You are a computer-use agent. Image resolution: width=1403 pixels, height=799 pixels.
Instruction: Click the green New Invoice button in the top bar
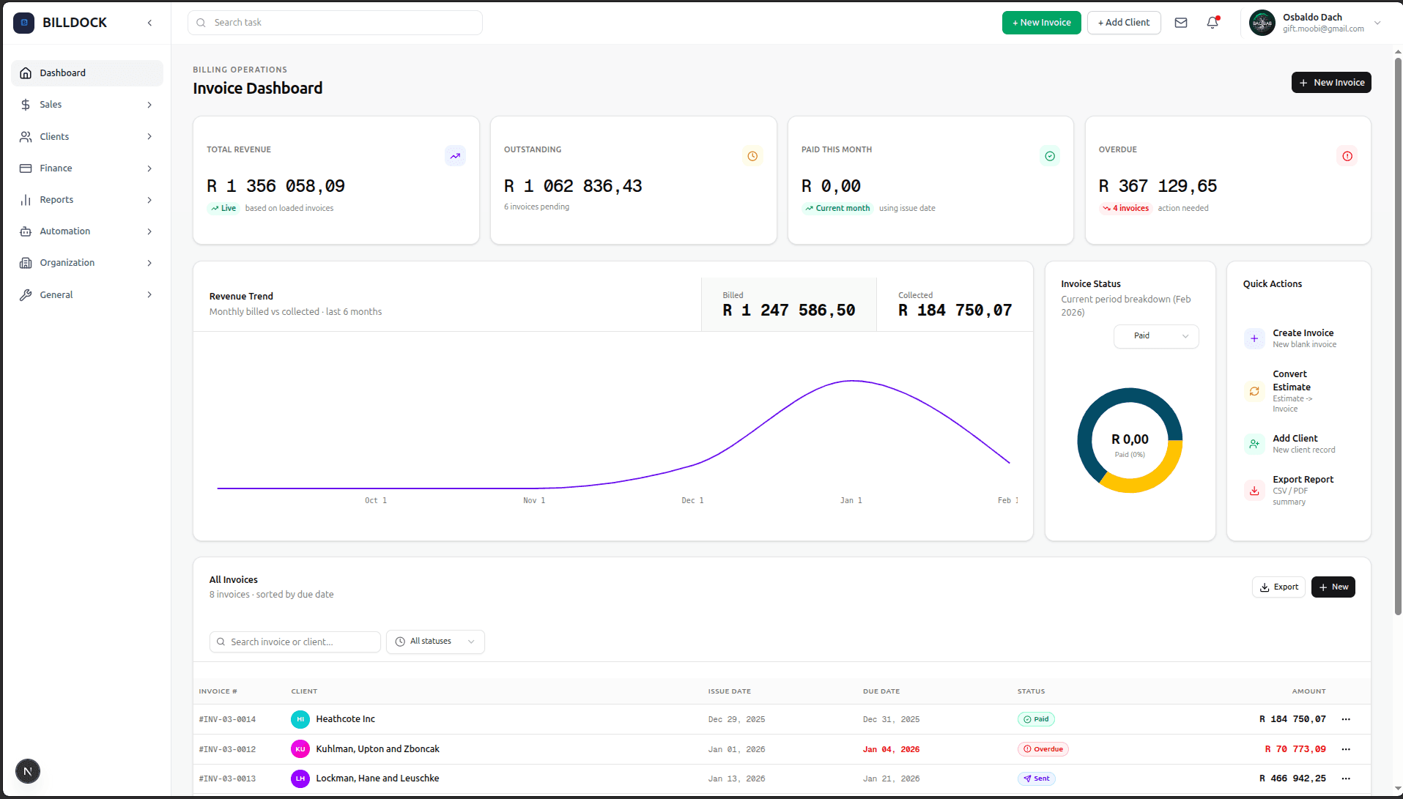pos(1041,23)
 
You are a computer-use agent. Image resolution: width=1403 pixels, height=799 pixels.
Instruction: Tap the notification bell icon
pos(1213,23)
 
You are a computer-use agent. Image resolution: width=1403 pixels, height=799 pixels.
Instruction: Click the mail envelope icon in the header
pos(1181,23)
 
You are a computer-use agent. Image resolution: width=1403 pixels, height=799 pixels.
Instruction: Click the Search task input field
pos(336,23)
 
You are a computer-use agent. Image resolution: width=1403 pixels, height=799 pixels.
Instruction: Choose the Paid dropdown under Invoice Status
pos(1156,336)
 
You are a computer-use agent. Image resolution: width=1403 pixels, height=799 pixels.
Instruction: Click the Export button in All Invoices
pos(1278,587)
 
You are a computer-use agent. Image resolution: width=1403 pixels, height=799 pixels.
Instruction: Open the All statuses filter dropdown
pos(435,642)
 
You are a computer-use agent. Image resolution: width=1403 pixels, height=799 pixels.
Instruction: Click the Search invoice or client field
pos(295,642)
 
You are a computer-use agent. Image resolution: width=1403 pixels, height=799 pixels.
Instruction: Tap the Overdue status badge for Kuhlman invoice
pos(1043,749)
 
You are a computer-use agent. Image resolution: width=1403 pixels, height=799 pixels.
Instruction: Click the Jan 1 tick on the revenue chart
pos(851,501)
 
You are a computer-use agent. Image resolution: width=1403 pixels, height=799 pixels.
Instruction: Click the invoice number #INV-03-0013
pos(227,779)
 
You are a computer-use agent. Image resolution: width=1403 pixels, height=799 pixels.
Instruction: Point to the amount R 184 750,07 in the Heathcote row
pos(1292,719)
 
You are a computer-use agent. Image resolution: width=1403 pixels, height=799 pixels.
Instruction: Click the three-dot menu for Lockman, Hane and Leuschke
pos(1346,778)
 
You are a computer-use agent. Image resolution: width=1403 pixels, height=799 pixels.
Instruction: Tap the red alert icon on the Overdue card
pos(1347,156)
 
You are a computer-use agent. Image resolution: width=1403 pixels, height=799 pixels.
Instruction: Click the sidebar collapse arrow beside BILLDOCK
pos(149,23)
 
